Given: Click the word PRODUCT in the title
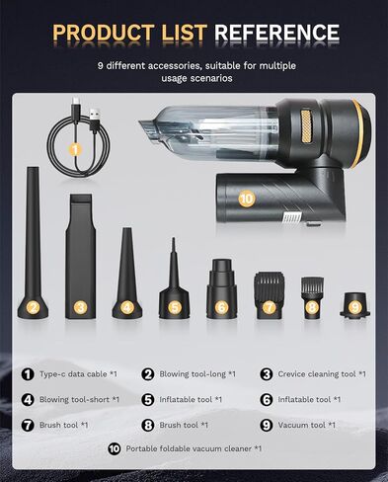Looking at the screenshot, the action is [x=103, y=33].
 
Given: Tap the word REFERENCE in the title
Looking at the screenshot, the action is [x=276, y=33].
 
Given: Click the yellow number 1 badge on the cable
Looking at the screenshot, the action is [x=75, y=150].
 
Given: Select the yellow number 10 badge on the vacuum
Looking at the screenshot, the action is [x=247, y=199].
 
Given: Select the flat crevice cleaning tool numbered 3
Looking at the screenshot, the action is [x=81, y=256].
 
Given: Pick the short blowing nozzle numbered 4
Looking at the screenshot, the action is [x=127, y=274].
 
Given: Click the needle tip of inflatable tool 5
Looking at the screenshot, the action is [x=174, y=241].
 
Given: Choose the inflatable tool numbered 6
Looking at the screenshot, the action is [x=221, y=288].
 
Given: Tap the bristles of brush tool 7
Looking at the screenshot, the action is [x=269, y=280].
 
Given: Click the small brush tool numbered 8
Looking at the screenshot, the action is [x=312, y=297].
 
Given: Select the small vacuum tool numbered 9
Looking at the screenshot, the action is [x=354, y=305].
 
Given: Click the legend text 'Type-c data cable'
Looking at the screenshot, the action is [x=73, y=374].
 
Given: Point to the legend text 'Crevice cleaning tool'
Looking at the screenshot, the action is [x=317, y=374].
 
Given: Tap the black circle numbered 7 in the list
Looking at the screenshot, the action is [x=28, y=425].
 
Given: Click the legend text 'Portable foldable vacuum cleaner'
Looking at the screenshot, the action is [x=189, y=448].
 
